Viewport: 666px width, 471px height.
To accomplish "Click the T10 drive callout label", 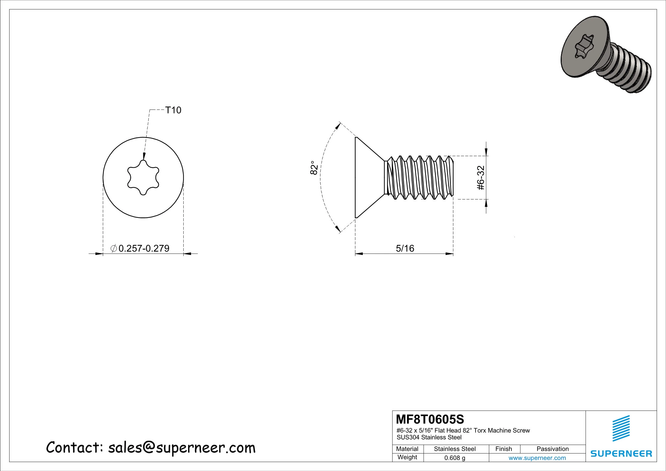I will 173,110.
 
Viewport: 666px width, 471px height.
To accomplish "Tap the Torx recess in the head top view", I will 143,178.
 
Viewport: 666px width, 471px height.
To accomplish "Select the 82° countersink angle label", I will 314,168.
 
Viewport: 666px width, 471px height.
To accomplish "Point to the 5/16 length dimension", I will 405,248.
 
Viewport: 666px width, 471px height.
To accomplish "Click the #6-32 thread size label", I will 481,178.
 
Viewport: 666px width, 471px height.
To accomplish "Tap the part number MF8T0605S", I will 430,420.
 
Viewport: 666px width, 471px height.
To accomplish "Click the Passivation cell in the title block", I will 552,449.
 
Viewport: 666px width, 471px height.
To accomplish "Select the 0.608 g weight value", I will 454,458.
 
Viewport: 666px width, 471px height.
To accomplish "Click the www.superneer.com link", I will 537,458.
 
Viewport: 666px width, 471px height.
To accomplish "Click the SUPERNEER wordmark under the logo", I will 621,454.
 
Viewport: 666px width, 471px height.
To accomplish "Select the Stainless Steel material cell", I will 454,449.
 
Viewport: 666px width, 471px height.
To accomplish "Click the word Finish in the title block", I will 503,449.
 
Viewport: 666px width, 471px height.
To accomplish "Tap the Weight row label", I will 407,457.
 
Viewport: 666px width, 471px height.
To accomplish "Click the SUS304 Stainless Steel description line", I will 429,437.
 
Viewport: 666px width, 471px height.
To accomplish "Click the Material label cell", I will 407,449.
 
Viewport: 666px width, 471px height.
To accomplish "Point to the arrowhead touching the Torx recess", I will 144,156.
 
